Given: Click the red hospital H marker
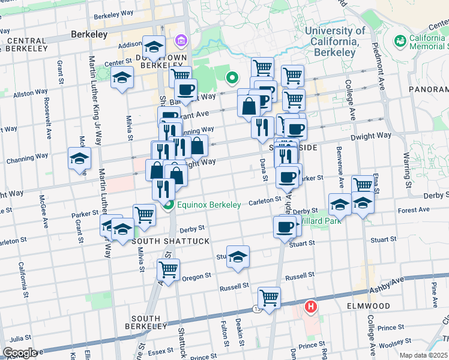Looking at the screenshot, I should click(x=310, y=308).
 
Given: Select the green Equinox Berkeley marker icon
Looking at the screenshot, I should click(x=168, y=205).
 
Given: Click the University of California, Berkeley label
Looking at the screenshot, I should click(x=335, y=42).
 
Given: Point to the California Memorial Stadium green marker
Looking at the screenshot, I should click(x=400, y=41).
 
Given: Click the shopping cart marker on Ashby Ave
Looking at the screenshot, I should click(x=269, y=297).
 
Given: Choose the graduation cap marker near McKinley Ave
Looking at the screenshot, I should click(x=79, y=158).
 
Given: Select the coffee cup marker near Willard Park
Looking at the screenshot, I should click(x=285, y=227).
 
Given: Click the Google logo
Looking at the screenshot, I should click(x=20, y=352).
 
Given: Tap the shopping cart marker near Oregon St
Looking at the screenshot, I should click(x=169, y=269).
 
